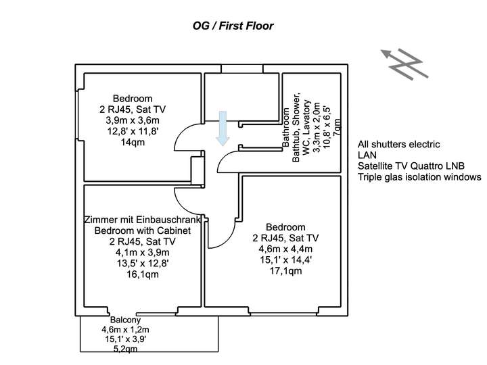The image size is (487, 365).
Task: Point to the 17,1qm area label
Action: click(285, 270)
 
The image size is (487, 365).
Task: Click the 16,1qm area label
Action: click(143, 274)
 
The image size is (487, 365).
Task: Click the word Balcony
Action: click(124, 320)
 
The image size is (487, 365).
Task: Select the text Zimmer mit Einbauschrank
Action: click(142, 220)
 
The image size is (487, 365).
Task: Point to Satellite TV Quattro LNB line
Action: click(413, 166)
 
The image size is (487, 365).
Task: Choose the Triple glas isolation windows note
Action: click(419, 177)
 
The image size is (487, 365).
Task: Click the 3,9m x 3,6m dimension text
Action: click(133, 120)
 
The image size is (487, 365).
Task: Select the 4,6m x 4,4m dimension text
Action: click(285, 249)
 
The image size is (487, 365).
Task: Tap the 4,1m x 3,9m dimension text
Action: click(143, 253)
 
